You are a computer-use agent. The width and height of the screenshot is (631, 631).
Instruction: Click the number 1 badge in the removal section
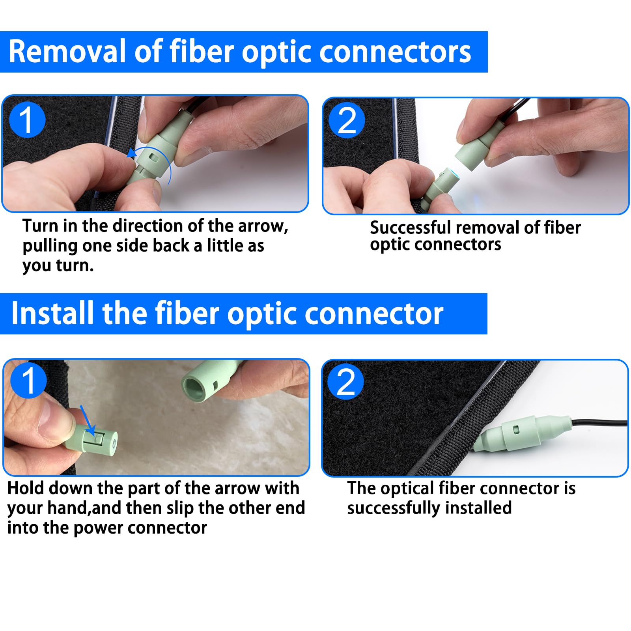pyautogui.click(x=27, y=119)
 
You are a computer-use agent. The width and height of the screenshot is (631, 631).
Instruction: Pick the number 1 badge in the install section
pyautogui.click(x=28, y=381)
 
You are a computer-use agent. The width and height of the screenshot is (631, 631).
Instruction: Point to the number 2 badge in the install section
pyautogui.click(x=346, y=382)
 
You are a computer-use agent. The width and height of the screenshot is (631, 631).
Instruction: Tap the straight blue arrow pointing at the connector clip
pyautogui.click(x=88, y=420)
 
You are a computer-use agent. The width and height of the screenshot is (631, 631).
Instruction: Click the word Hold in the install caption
pyautogui.click(x=26, y=488)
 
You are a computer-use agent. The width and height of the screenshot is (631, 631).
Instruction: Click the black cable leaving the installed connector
pyautogui.click(x=599, y=423)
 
